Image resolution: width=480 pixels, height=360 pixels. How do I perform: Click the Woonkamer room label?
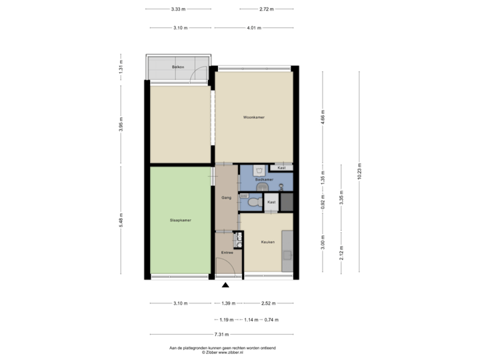point(253,117)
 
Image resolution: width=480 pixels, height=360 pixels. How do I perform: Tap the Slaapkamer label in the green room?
point(180,219)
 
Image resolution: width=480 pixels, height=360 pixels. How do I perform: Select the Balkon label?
point(177,68)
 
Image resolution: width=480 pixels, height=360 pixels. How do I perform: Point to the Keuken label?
point(267,242)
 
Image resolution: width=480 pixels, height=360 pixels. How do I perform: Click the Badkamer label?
point(265,180)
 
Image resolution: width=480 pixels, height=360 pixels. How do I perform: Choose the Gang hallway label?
point(226,198)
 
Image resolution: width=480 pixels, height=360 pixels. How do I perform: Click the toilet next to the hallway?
point(254,202)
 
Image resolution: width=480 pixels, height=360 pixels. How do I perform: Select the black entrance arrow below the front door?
point(225,285)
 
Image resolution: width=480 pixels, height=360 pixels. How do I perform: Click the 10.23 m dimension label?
point(359,172)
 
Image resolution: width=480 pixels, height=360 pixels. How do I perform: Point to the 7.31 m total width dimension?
point(222,335)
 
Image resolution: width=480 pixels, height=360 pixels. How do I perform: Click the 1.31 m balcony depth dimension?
point(121,67)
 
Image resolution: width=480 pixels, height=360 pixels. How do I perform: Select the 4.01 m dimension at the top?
point(253,28)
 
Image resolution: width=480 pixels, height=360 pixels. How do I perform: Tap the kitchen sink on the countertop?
point(287,253)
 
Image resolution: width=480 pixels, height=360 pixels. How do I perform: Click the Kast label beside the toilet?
point(271,202)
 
